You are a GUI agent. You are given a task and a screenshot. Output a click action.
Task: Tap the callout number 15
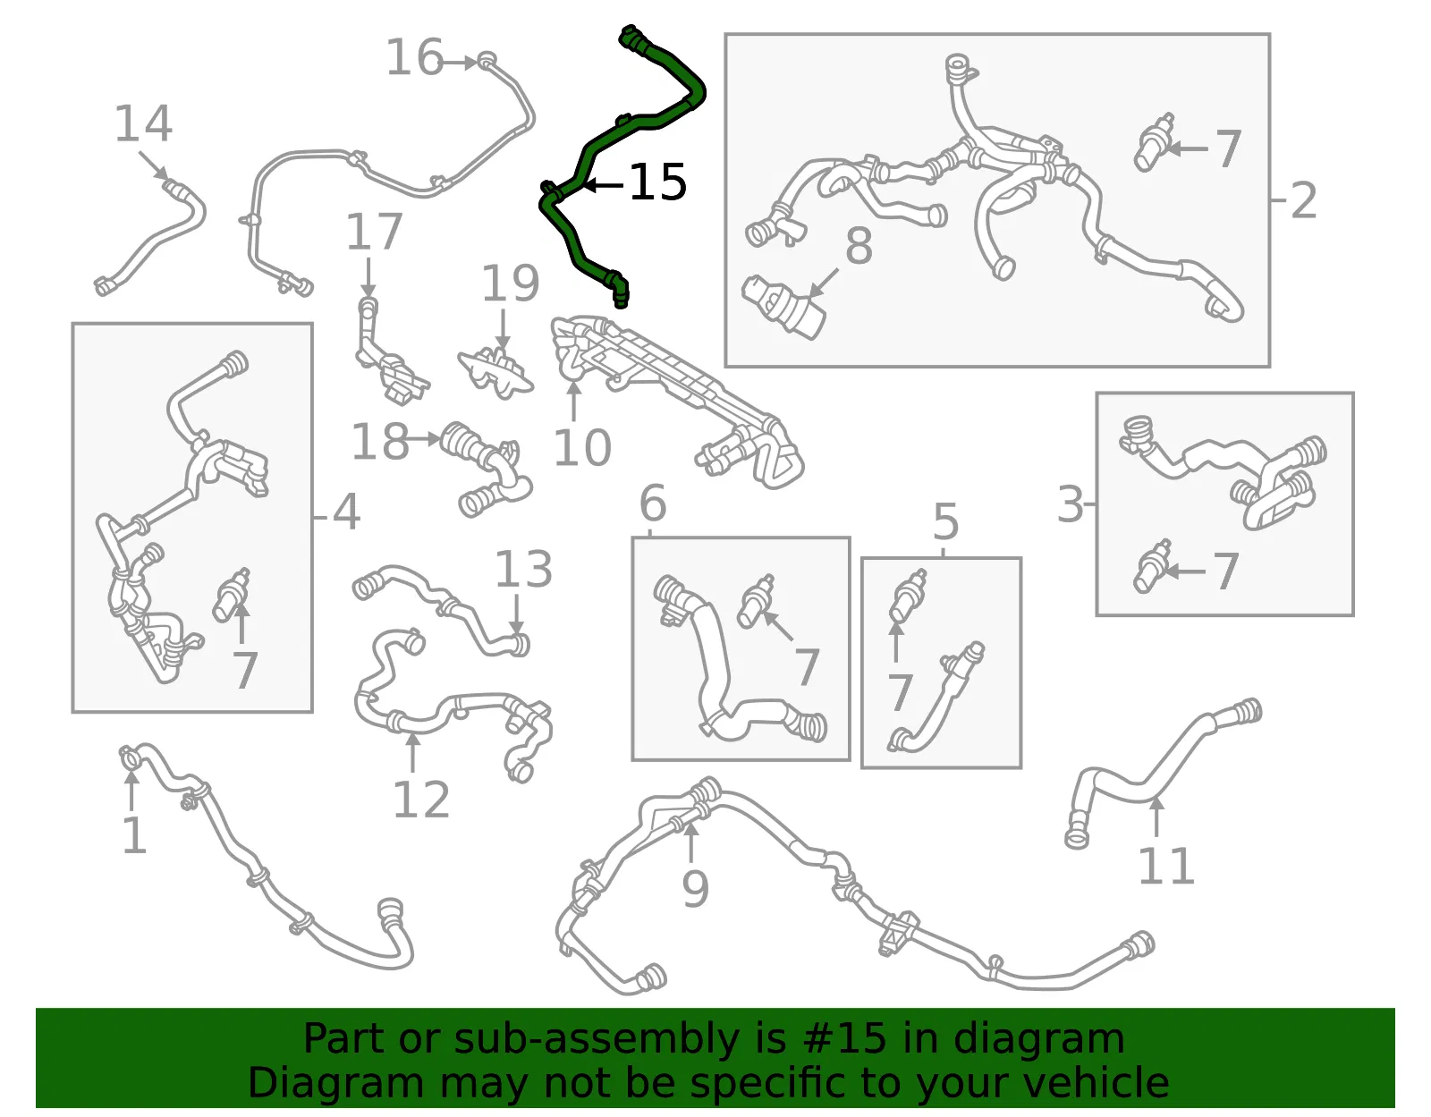[x=658, y=182]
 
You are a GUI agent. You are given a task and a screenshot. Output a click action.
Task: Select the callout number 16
[x=415, y=58]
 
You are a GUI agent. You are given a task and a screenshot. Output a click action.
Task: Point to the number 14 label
[x=144, y=123]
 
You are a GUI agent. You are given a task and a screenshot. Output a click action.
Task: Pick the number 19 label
[x=511, y=283]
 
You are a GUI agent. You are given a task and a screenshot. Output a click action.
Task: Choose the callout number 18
[x=380, y=441]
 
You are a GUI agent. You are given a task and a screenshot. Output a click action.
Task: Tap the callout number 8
[x=859, y=246]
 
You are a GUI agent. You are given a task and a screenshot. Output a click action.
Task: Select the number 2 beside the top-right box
[x=1303, y=200]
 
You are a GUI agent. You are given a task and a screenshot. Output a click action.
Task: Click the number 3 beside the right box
[x=1071, y=504]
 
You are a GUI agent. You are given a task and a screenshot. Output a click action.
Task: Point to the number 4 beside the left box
[x=346, y=512]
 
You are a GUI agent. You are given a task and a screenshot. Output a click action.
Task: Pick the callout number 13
[x=523, y=569]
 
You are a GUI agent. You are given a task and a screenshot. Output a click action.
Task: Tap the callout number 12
[x=421, y=800]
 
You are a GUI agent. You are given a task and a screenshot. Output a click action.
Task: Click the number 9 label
[x=696, y=889]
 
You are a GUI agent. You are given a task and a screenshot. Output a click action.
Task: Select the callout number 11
[x=1166, y=866]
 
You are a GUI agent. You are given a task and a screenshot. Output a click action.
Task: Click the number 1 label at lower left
[x=134, y=835]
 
